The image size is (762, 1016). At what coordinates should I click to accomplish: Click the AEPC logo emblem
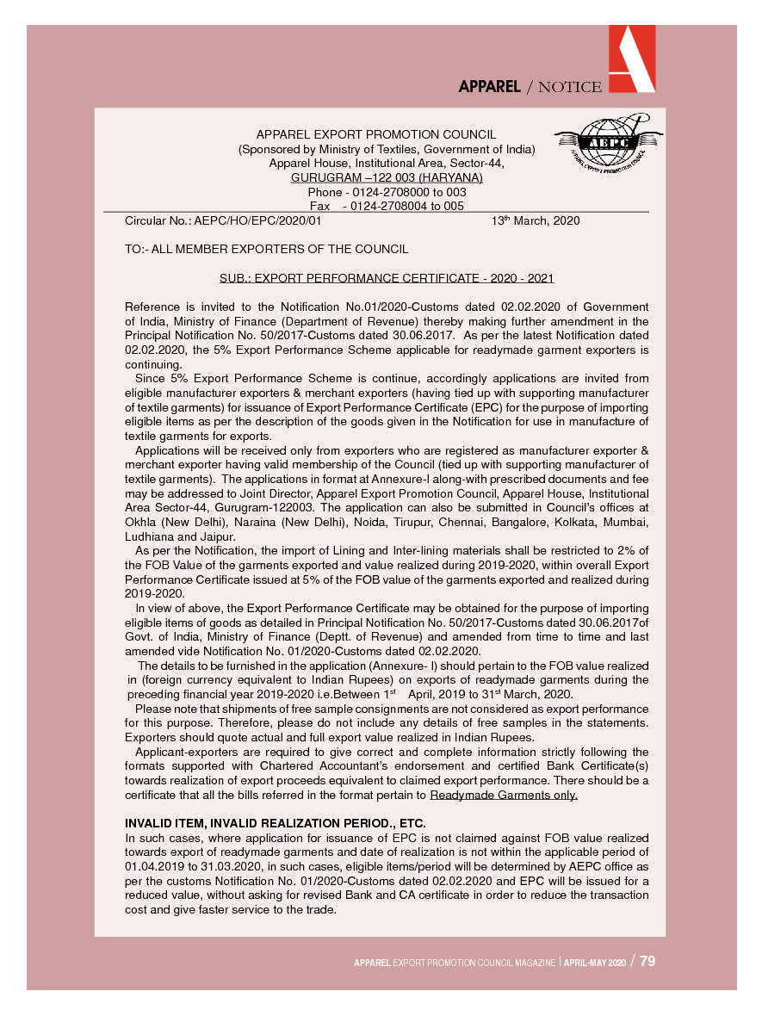(610, 142)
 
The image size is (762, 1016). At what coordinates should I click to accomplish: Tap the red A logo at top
(631, 58)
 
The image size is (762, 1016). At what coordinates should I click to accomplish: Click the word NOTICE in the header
(564, 86)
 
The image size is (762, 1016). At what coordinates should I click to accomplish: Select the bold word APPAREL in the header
(489, 86)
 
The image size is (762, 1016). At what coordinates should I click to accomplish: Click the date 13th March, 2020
(536, 220)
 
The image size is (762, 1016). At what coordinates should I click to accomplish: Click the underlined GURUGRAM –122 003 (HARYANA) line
(387, 177)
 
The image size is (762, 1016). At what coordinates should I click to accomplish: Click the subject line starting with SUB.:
(387, 278)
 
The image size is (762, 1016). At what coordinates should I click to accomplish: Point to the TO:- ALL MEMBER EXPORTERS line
(266, 249)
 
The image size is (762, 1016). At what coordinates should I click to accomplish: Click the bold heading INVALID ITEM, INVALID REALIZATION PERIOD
(276, 822)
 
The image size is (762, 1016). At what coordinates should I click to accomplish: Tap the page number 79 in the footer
(647, 961)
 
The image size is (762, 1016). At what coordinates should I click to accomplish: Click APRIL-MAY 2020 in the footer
(594, 963)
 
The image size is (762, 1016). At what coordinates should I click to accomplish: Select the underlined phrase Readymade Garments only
(504, 795)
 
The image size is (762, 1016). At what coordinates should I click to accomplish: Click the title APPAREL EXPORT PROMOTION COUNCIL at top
(376, 134)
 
